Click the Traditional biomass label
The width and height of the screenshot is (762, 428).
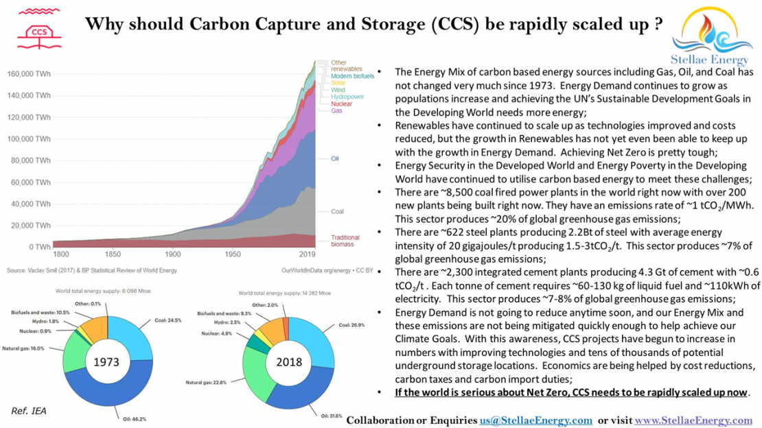346,241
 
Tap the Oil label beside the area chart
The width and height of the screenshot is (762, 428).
335,158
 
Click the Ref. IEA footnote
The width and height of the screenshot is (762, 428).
28,410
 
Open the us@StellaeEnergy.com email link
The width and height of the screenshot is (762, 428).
535,420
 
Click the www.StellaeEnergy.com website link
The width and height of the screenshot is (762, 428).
693,420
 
